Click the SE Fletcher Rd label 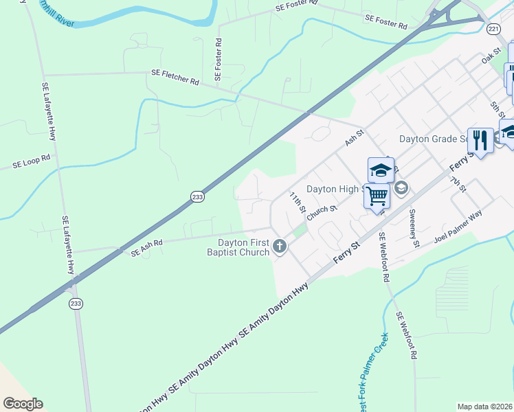[175, 77]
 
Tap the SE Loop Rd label [32, 162]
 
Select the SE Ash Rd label [146, 247]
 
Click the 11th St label [296, 203]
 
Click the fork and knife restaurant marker [480, 141]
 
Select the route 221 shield [493, 29]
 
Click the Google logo [23, 404]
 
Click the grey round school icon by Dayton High [401, 187]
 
